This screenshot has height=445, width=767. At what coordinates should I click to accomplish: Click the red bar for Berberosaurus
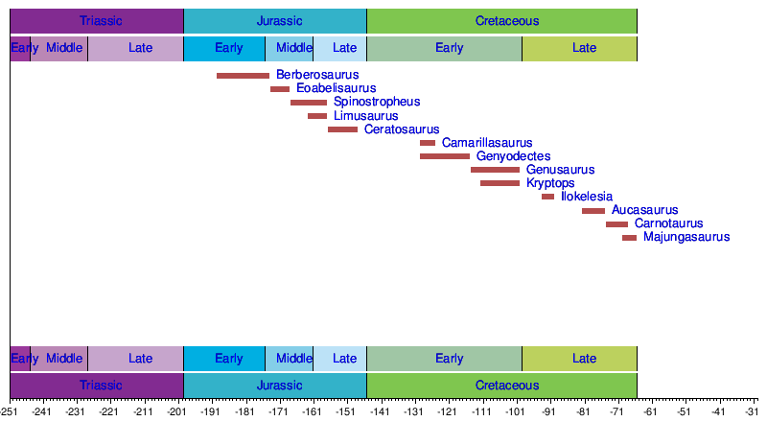(x=243, y=76)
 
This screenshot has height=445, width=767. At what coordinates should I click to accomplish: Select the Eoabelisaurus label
(x=336, y=88)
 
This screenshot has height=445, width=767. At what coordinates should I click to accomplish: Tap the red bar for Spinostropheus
(x=309, y=102)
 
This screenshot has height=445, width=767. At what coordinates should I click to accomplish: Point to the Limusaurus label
(x=365, y=116)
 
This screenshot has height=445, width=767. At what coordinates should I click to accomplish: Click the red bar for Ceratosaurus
(x=342, y=129)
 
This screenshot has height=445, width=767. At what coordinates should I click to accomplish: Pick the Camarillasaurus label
(x=487, y=143)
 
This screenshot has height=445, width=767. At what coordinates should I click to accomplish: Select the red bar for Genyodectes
(x=445, y=156)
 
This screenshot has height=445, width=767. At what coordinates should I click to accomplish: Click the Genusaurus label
(x=561, y=170)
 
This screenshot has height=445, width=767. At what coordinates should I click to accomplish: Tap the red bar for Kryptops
(x=500, y=183)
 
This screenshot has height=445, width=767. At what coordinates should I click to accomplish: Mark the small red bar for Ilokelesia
(x=547, y=197)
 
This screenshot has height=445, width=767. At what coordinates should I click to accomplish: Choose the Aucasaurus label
(x=644, y=210)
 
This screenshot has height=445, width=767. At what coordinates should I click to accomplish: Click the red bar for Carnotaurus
(x=616, y=223)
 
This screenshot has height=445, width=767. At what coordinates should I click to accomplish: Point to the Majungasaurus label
(x=686, y=237)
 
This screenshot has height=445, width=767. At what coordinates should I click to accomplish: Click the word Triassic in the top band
(x=101, y=20)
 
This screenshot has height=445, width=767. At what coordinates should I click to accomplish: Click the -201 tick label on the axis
(x=176, y=412)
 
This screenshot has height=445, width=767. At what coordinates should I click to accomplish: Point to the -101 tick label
(x=515, y=412)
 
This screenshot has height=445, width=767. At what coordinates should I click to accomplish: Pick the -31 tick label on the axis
(x=752, y=412)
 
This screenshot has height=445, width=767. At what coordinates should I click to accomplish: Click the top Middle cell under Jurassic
(x=293, y=48)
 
